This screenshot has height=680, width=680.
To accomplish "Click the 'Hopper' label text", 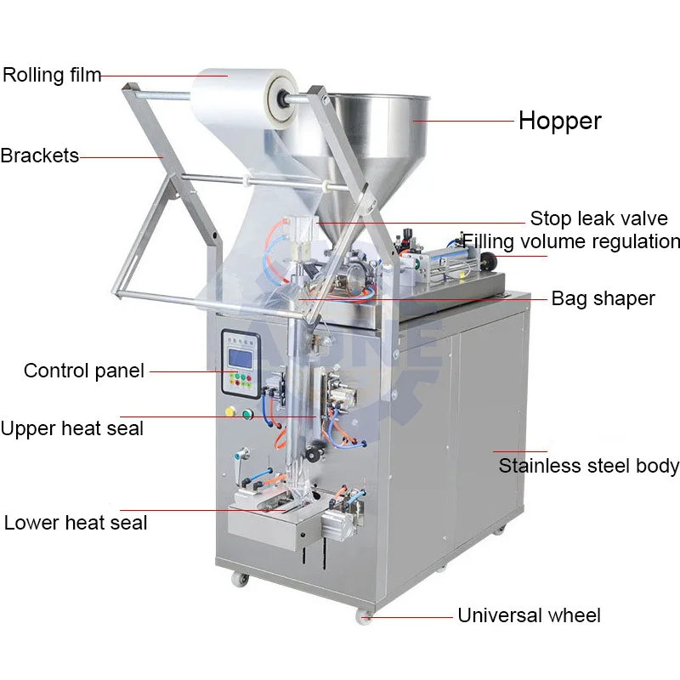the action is [559, 121].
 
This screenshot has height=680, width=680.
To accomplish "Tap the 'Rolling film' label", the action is [51, 75].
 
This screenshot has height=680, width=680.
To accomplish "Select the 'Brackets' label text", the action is [39, 156].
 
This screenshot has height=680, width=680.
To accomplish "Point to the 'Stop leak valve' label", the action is [598, 218].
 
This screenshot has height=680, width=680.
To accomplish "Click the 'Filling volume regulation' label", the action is [570, 241].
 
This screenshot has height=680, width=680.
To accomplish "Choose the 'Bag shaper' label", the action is [603, 298].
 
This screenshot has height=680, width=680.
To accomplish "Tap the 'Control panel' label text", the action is [84, 371].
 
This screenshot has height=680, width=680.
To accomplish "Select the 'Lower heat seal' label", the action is [75, 521].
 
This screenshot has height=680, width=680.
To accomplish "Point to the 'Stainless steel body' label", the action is [588, 466].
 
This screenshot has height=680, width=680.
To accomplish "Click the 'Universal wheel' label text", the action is [529, 615].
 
